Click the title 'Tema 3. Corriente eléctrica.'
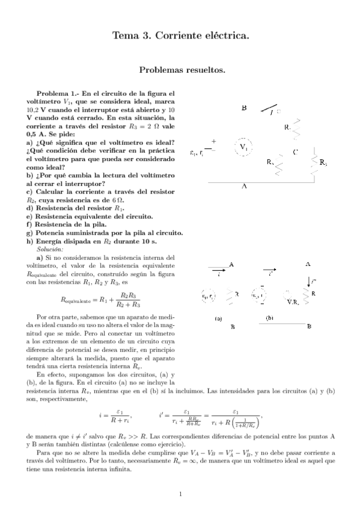(x=181, y=37)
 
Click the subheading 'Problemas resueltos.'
(x=182, y=70)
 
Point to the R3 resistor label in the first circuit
(x=323, y=162)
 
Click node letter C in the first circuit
(x=295, y=152)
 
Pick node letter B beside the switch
(x=244, y=109)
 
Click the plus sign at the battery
(x=213, y=142)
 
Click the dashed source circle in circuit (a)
(x=209, y=296)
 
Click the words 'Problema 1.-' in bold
(x=57, y=94)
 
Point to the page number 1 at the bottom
(x=180, y=494)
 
